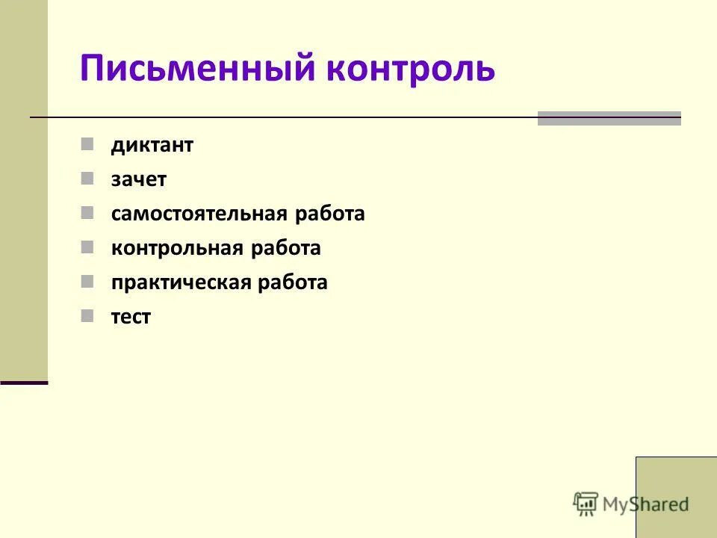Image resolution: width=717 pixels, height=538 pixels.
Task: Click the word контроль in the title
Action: click(410, 69)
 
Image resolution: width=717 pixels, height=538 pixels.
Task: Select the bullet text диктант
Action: click(152, 146)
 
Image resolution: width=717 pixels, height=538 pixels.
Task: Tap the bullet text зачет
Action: click(139, 180)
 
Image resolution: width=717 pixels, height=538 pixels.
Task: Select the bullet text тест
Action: click(131, 317)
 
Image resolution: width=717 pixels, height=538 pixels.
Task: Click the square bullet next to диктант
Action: click(88, 143)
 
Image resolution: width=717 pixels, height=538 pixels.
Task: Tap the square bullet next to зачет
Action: click(88, 178)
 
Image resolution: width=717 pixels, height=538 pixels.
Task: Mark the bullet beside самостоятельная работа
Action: click(88, 212)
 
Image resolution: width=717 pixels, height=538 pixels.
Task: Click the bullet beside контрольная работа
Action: click(88, 247)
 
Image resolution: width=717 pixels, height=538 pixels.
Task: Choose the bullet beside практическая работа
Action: click(88, 281)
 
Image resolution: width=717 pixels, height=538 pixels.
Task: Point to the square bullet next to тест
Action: click(88, 315)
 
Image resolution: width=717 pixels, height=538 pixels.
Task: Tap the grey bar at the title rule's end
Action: click(609, 118)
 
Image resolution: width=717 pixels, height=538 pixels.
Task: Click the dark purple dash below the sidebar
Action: click(24, 383)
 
